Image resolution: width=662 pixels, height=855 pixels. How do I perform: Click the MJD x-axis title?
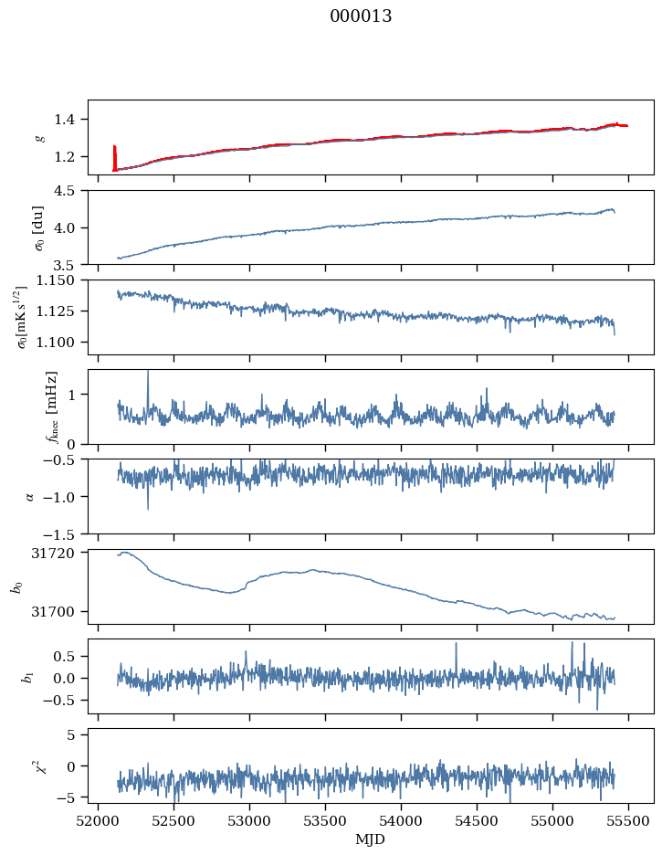click(x=371, y=839)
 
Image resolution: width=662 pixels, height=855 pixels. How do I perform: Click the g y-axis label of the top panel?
click(x=39, y=137)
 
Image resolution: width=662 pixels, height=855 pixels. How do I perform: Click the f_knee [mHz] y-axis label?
click(x=52, y=406)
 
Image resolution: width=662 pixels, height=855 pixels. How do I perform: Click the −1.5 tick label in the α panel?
click(x=66, y=533)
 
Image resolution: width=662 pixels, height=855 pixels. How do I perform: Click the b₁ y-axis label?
click(x=30, y=676)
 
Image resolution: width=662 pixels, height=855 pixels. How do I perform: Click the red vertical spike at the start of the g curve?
click(x=114, y=157)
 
